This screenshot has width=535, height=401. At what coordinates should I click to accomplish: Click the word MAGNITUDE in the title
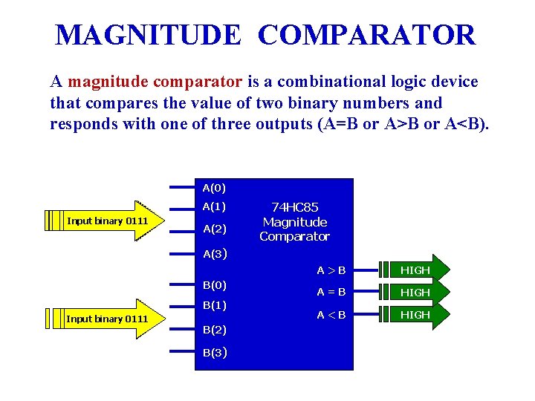pyautogui.click(x=149, y=35)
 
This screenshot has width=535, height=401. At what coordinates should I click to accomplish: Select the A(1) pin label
pyautogui.click(x=214, y=206)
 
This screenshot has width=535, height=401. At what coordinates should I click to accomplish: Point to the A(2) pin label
pyautogui.click(x=214, y=229)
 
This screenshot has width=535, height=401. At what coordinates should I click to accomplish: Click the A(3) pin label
pyautogui.click(x=214, y=254)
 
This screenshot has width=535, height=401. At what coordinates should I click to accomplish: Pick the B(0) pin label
pyautogui.click(x=214, y=284)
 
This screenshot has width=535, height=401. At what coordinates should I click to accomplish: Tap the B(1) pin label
pyautogui.click(x=214, y=304)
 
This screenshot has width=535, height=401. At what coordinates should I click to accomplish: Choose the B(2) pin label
pyautogui.click(x=214, y=328)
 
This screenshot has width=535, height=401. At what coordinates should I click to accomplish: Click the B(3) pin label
pyautogui.click(x=214, y=352)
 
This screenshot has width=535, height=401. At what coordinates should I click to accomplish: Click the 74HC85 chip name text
pyautogui.click(x=294, y=207)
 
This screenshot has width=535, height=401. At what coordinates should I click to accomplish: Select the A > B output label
pyautogui.click(x=331, y=270)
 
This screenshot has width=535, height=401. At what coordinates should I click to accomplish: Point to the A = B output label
pyautogui.click(x=331, y=292)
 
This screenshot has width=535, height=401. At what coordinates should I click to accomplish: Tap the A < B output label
pyautogui.click(x=331, y=315)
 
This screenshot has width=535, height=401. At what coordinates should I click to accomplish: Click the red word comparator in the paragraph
pyautogui.click(x=198, y=82)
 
